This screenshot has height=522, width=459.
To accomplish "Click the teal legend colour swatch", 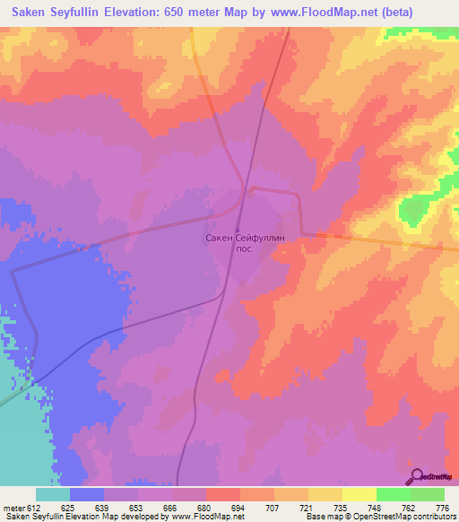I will click(x=53, y=494).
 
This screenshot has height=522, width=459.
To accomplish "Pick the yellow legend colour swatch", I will click(x=359, y=494).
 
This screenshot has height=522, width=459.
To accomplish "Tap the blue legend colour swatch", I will click(x=87, y=494).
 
